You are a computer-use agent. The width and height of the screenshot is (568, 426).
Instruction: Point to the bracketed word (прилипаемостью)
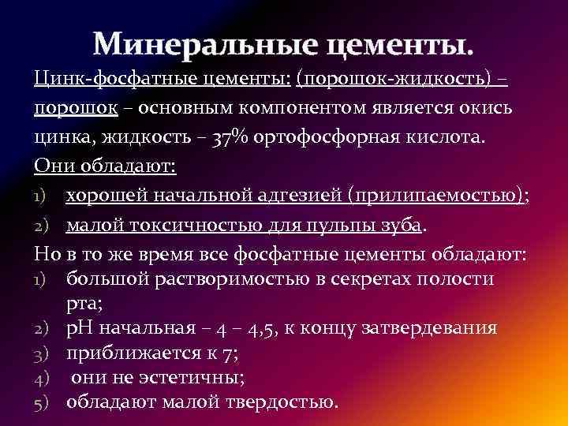click(x=439, y=195)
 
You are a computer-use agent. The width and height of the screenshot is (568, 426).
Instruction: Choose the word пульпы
click(x=342, y=226)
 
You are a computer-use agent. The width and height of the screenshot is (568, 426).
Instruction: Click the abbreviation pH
click(x=79, y=327)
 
